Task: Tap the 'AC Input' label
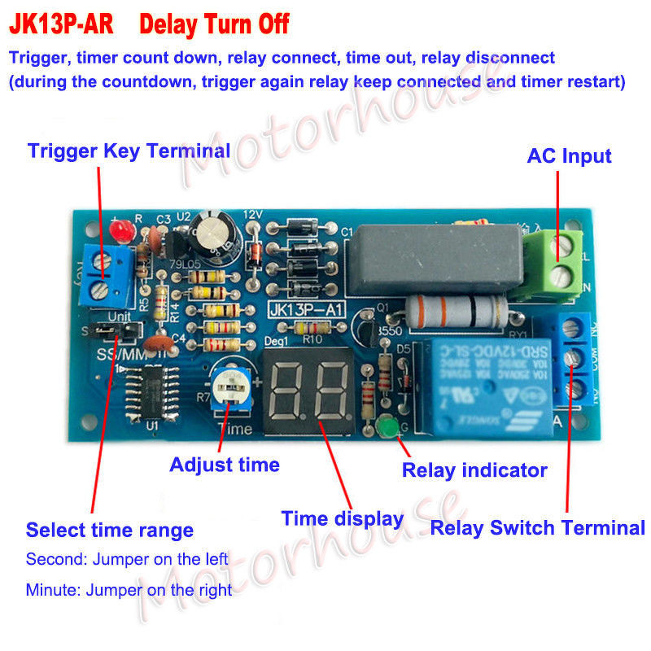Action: coord(569,155)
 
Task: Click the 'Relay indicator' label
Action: coord(474,470)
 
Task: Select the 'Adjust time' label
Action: coord(224,465)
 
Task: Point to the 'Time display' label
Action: coord(342,518)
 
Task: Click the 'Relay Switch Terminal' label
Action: coord(537,527)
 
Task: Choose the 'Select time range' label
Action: coord(109,531)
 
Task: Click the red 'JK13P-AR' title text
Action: coord(62,24)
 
